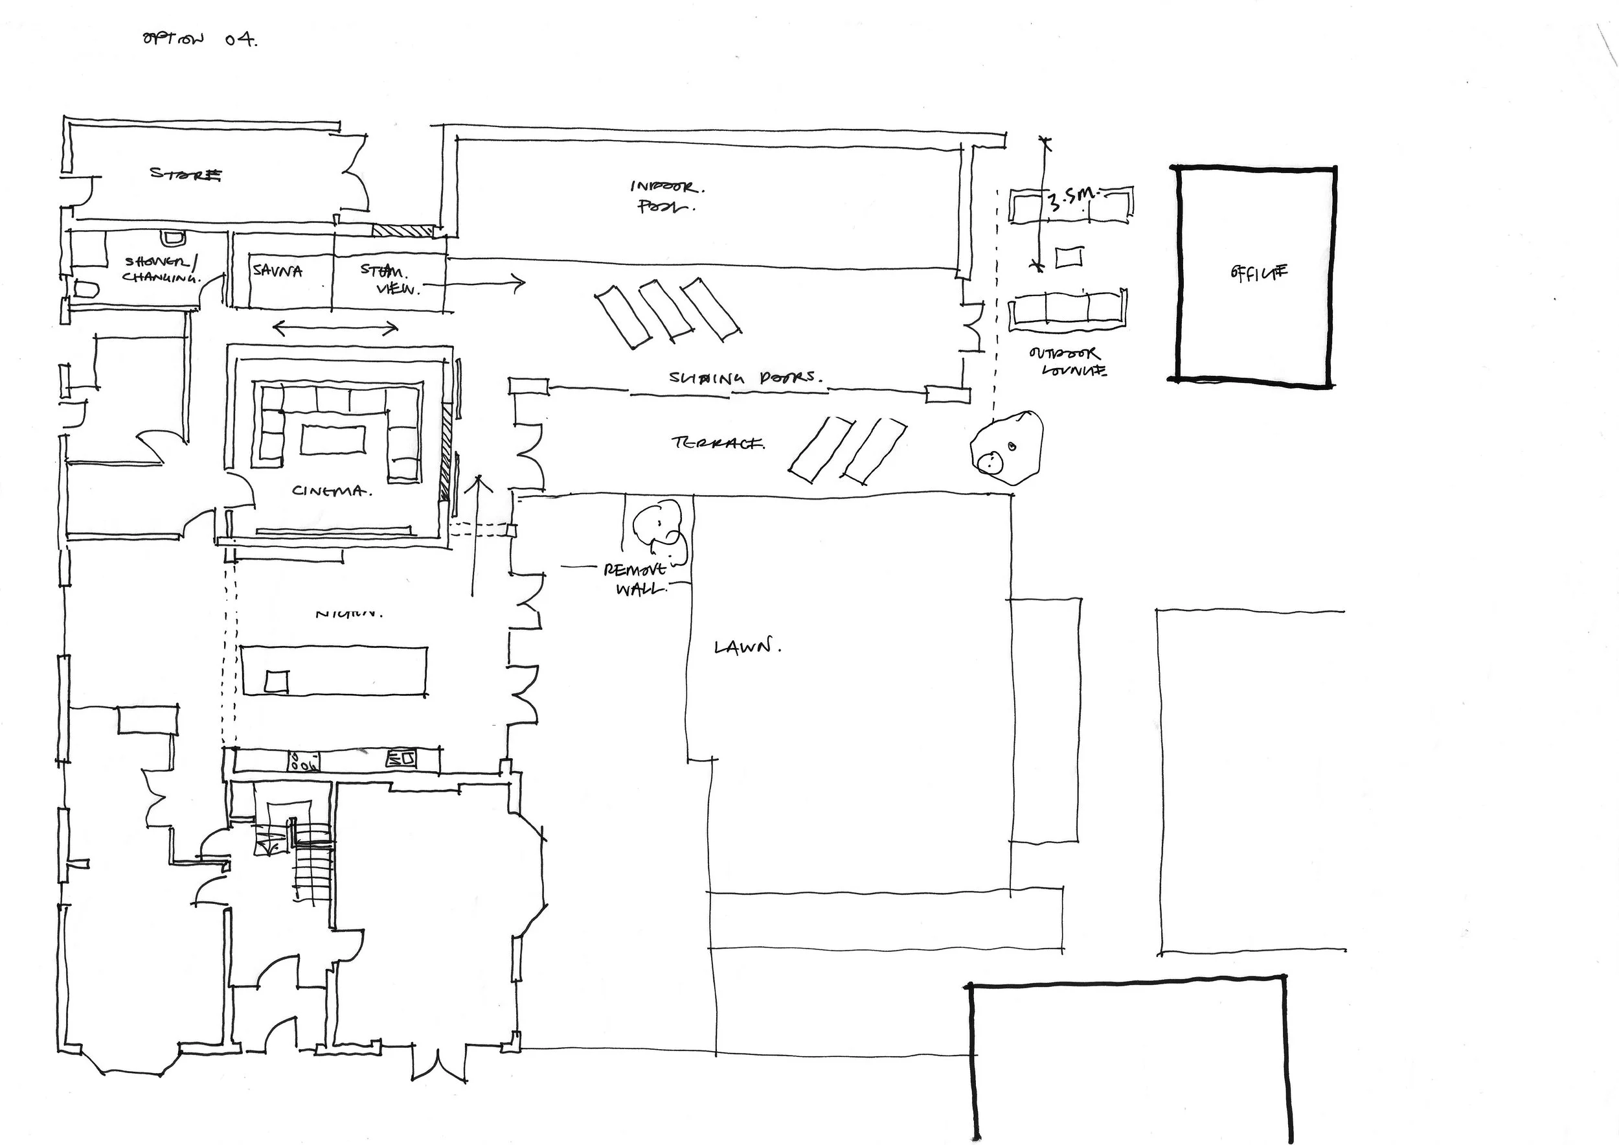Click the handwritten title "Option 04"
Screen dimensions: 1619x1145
tap(199, 40)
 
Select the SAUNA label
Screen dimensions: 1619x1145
tap(277, 271)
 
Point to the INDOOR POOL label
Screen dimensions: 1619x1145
tap(666, 197)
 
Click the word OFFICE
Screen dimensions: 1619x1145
tap(1259, 273)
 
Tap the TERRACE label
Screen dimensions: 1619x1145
tap(718, 443)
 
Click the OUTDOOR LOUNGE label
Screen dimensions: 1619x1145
tap(1067, 361)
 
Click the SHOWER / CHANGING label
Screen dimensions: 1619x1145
tap(161, 270)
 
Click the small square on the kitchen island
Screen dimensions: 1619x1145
tap(277, 682)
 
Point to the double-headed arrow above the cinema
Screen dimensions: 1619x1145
tap(335, 327)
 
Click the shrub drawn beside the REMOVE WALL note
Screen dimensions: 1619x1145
tap(660, 531)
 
